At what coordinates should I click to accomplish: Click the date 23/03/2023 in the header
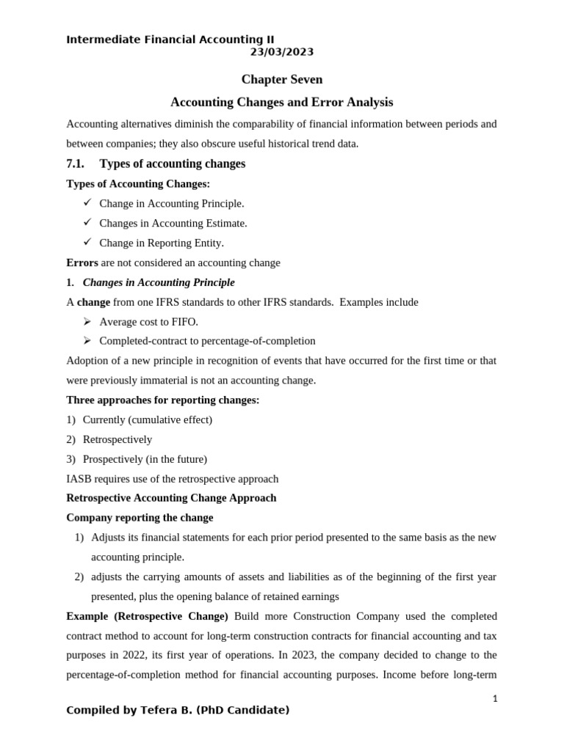pos(281,52)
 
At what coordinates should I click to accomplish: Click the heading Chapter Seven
pos(282,79)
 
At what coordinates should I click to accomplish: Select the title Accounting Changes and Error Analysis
pos(282,102)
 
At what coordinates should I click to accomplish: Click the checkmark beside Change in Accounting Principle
pos(87,202)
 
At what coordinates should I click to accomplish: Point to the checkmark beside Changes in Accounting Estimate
pos(87,222)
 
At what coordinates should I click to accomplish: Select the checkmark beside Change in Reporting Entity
pos(87,242)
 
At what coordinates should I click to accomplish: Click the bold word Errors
pos(82,263)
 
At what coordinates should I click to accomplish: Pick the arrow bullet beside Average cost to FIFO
pos(87,321)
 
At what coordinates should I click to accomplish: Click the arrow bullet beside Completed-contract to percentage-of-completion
pos(87,341)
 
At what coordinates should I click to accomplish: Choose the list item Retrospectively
pos(117,439)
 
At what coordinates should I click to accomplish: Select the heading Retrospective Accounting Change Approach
pos(171,498)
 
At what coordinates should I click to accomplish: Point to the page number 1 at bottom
pos(495,699)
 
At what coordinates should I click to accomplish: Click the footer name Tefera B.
pos(162,710)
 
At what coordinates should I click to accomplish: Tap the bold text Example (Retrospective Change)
pos(147,616)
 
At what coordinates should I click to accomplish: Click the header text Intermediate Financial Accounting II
pos(170,40)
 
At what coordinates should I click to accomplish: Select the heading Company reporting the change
pos(140,518)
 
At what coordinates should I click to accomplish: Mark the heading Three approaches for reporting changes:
pos(162,400)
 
